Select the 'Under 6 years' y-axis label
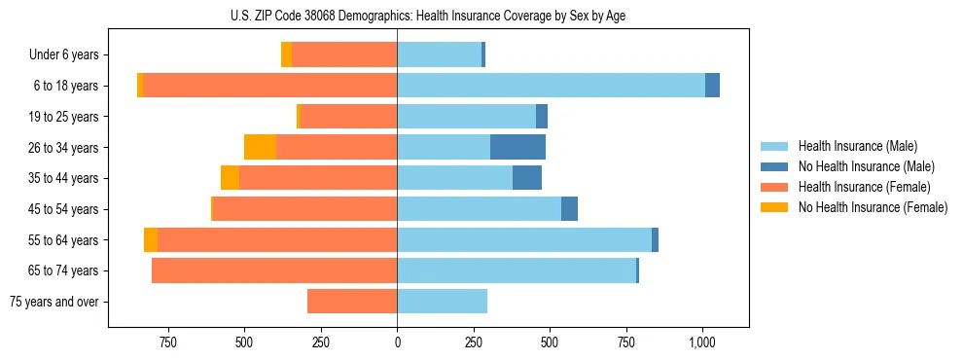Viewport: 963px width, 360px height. tap(63, 55)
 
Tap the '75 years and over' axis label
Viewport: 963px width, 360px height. tap(53, 302)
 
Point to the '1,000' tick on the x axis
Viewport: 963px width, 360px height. tap(702, 342)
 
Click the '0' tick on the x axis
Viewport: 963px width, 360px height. tap(397, 342)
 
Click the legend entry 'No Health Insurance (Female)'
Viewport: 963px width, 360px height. tap(873, 207)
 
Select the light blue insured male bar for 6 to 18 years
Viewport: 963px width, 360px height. tap(551, 86)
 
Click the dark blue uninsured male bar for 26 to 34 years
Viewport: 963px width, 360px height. tap(517, 147)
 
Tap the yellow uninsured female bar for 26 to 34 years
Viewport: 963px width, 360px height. tap(260, 147)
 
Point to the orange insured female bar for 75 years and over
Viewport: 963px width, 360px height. tap(352, 302)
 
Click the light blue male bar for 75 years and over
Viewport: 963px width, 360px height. tap(442, 302)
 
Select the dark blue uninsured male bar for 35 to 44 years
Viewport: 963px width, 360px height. tap(527, 178)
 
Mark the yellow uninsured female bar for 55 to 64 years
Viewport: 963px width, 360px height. tap(151, 239)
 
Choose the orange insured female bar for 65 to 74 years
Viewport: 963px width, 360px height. tap(274, 270)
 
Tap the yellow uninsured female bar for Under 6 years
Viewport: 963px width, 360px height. tap(286, 55)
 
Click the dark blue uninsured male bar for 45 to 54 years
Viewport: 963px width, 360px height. tap(569, 209)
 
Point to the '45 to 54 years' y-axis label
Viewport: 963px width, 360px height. tap(63, 209)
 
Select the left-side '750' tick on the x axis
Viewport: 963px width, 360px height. tap(167, 342)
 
